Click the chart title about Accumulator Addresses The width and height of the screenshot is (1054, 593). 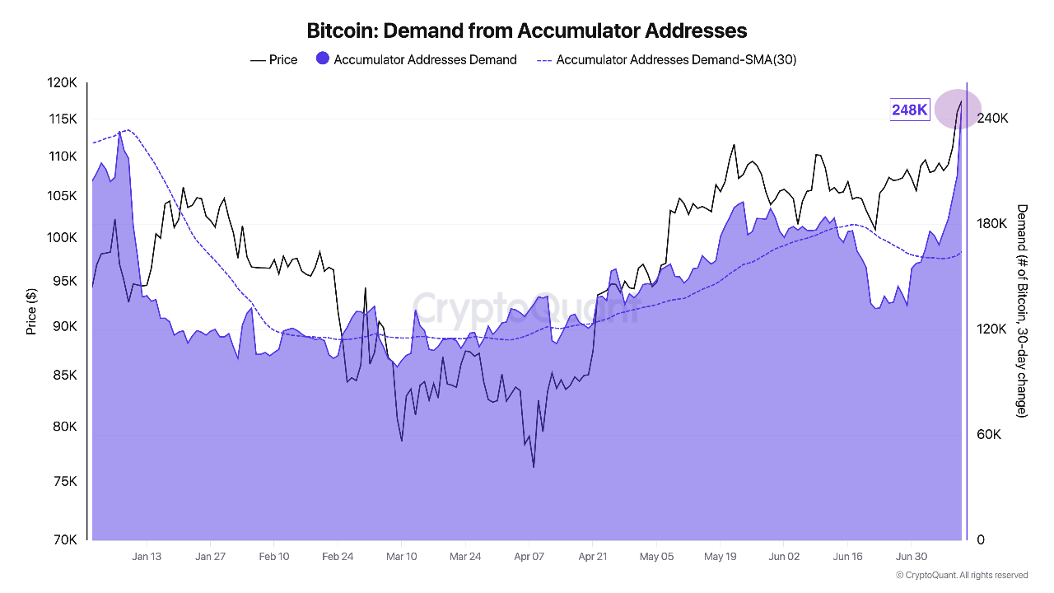click(x=527, y=31)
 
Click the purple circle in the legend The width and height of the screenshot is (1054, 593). click(x=323, y=59)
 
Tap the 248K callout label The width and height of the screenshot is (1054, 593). click(x=910, y=110)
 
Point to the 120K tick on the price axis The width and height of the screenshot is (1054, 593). click(x=63, y=83)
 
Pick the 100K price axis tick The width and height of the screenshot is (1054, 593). click(x=63, y=238)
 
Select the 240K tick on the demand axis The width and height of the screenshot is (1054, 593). click(x=992, y=119)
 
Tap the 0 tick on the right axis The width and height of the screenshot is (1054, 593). click(x=980, y=540)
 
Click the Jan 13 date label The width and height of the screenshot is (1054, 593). click(x=147, y=557)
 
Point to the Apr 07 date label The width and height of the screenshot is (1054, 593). click(x=529, y=557)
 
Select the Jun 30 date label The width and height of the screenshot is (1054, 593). click(x=912, y=557)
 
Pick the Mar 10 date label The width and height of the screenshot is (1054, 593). click(x=401, y=557)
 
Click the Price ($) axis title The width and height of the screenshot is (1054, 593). click(x=31, y=311)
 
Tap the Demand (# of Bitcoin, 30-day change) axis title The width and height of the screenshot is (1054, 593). click(x=1022, y=311)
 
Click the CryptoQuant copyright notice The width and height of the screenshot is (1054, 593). click(x=962, y=575)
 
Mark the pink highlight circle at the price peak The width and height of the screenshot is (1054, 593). click(x=958, y=109)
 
